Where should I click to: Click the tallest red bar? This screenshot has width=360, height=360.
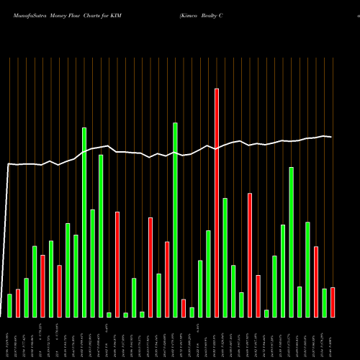pos(217,202)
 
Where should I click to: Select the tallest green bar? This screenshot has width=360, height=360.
pos(175,220)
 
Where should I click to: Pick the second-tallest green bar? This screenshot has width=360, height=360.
pos(84,222)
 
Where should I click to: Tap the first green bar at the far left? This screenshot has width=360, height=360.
pos(9,305)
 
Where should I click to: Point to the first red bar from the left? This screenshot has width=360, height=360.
pos(42,286)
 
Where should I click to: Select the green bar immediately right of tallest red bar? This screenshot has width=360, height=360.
pos(225,257)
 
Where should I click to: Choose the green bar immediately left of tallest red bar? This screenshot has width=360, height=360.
pos(208,274)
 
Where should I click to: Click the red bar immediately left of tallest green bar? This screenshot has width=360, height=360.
pos(167,279)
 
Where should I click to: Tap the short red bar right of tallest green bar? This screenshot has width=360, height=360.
pos(184,307)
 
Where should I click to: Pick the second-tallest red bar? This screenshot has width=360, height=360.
pos(250,255)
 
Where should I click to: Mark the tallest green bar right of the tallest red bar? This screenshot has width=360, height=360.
pos(291,242)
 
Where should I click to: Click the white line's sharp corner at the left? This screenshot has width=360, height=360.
pos(9,165)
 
